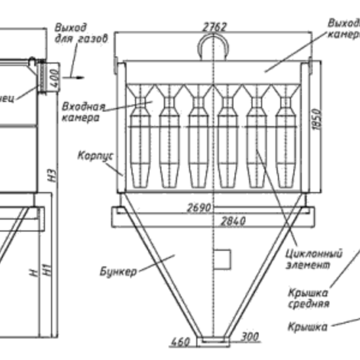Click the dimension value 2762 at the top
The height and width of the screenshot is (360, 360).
(215, 26)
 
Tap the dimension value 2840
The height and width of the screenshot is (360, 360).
(233, 221)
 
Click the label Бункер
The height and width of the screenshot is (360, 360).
(118, 271)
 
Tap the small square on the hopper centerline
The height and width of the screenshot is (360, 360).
(222, 258)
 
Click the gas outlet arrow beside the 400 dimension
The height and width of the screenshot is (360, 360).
(75, 76)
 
